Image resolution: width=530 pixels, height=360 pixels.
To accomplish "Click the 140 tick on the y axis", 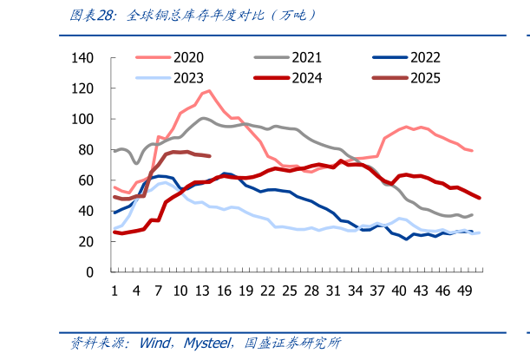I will [82, 58].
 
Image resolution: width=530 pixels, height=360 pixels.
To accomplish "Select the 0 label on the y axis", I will [89, 272].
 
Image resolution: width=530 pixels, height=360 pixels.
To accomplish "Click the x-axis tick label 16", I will [224, 290].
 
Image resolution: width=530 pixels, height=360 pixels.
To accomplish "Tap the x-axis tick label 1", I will [115, 290].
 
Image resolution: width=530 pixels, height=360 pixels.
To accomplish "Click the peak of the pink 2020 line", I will [209, 90].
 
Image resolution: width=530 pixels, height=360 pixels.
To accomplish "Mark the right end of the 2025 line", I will [209, 156].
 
